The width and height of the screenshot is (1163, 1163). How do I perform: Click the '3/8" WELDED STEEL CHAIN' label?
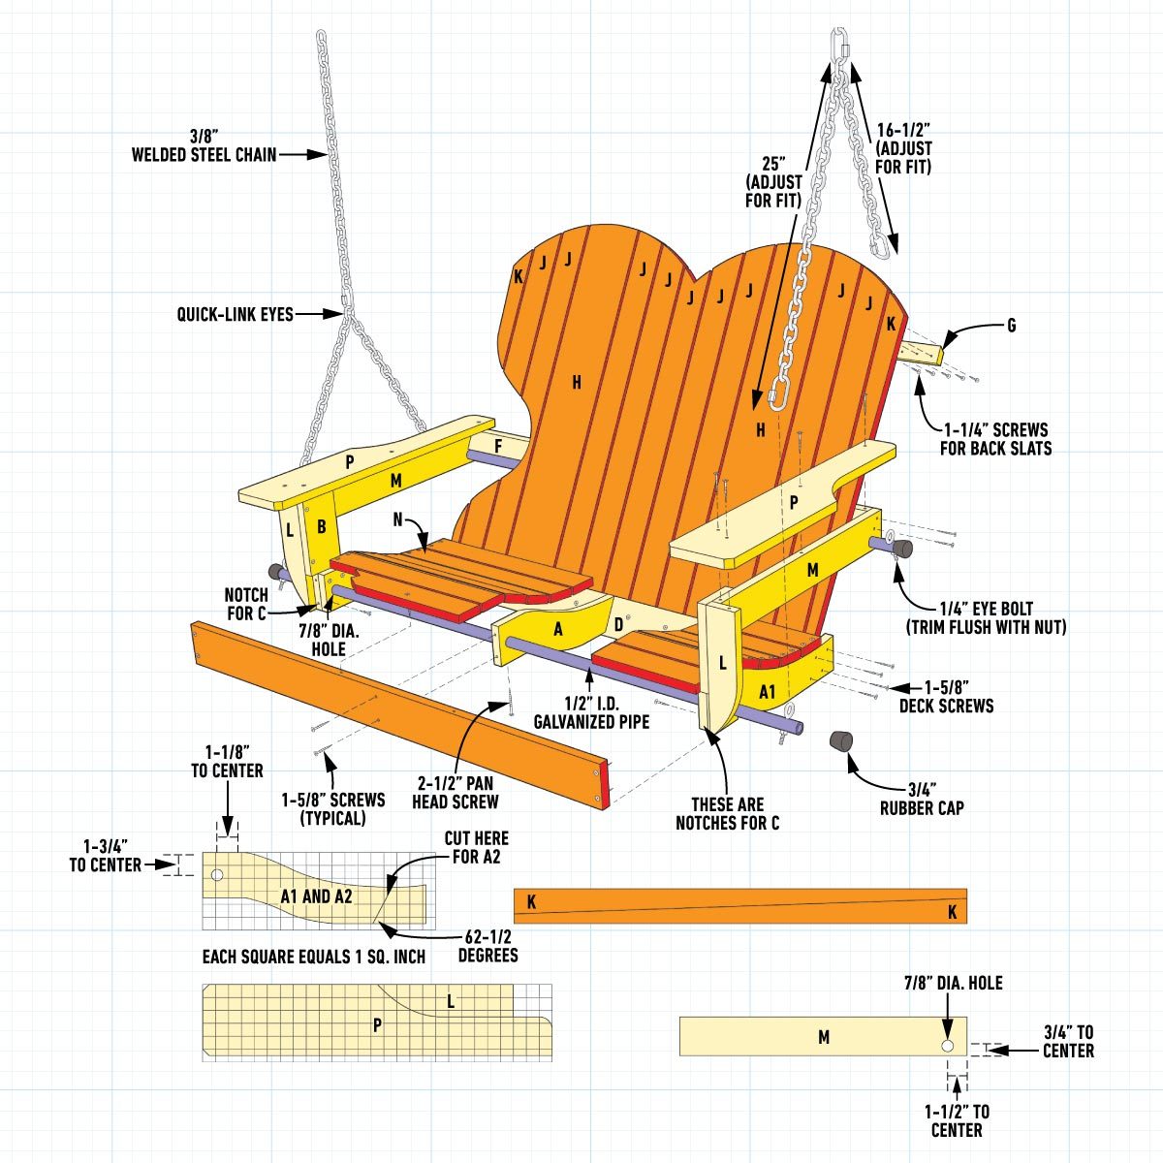pos(204,144)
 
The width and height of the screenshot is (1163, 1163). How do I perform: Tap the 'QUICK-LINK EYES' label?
pos(235,314)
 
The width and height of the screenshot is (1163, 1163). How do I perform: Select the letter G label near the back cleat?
pos(1011,326)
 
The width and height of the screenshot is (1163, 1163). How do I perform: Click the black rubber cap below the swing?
pos(841,740)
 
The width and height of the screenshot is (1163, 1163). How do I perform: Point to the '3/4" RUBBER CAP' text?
pos(922,798)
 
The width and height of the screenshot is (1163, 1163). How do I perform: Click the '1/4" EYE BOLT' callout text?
pos(986,617)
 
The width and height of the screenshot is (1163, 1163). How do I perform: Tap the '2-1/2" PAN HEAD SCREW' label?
pos(456,792)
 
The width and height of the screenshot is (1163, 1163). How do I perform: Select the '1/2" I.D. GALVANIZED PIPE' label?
pos(591,711)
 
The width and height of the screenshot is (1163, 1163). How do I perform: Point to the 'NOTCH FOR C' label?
pos(246,604)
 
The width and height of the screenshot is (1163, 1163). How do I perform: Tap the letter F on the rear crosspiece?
pos(498,446)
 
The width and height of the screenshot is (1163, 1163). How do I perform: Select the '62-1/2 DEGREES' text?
pos(487,946)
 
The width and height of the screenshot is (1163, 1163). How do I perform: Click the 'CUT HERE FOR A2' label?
pos(476,847)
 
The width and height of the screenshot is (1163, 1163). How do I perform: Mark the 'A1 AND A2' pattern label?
pos(317,896)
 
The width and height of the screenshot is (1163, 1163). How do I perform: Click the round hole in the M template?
pos(948,1047)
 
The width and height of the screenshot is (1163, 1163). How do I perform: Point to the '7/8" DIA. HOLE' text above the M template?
pos(954,984)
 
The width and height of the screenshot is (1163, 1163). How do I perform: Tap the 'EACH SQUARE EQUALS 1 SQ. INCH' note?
pos(314,957)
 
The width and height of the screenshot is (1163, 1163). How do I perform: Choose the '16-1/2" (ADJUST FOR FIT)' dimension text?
pos(903,148)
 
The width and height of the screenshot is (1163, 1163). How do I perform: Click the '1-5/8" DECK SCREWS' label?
pos(946,696)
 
